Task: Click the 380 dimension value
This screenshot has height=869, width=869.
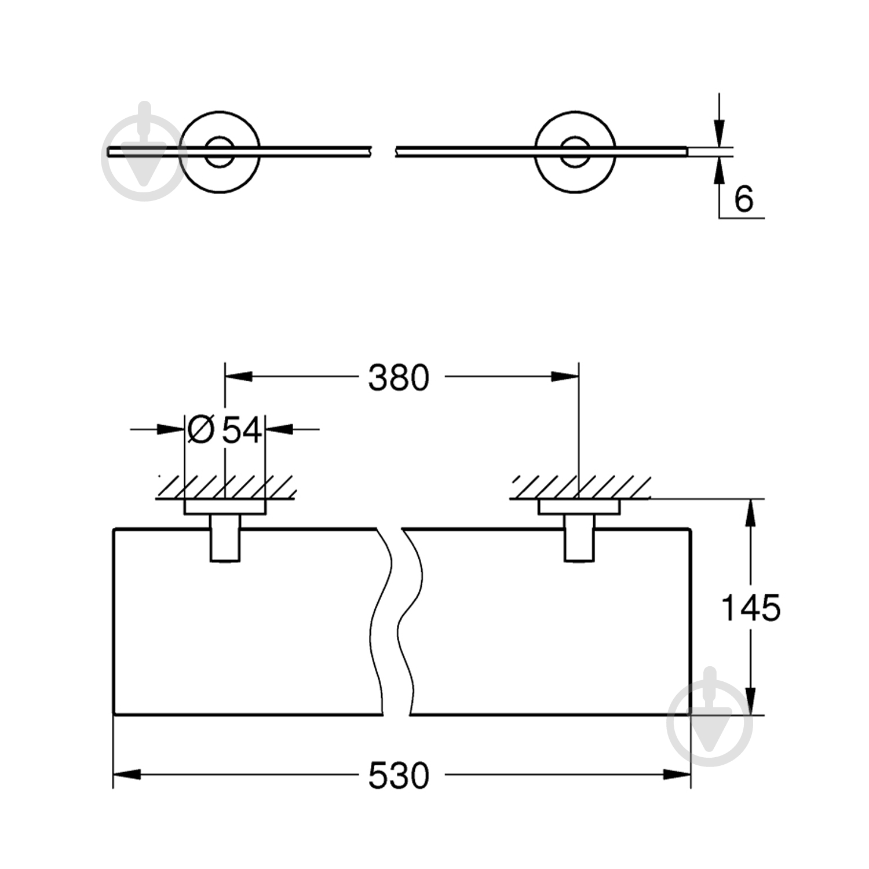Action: (399, 378)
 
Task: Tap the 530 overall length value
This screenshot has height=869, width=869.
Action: (399, 775)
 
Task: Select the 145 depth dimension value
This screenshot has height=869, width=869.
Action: (751, 608)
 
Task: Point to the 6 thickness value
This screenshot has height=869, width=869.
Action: (743, 199)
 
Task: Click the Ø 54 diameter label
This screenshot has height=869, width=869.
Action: (225, 430)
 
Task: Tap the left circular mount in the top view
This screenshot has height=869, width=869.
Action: (220, 152)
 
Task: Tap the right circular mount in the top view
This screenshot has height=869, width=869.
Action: (576, 152)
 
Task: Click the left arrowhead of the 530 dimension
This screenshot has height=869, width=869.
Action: (126, 775)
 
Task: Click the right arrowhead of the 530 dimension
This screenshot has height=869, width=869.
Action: (677, 775)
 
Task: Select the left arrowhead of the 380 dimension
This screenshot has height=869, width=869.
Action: (239, 377)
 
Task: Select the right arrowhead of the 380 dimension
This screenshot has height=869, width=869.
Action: (565, 377)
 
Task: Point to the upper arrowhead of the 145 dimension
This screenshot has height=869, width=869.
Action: (751, 513)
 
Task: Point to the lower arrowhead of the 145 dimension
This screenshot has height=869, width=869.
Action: (751, 701)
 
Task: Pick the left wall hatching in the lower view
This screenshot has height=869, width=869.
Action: (226, 487)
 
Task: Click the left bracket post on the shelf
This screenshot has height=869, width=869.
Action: (225, 539)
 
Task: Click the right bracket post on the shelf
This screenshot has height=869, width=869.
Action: (579, 539)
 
